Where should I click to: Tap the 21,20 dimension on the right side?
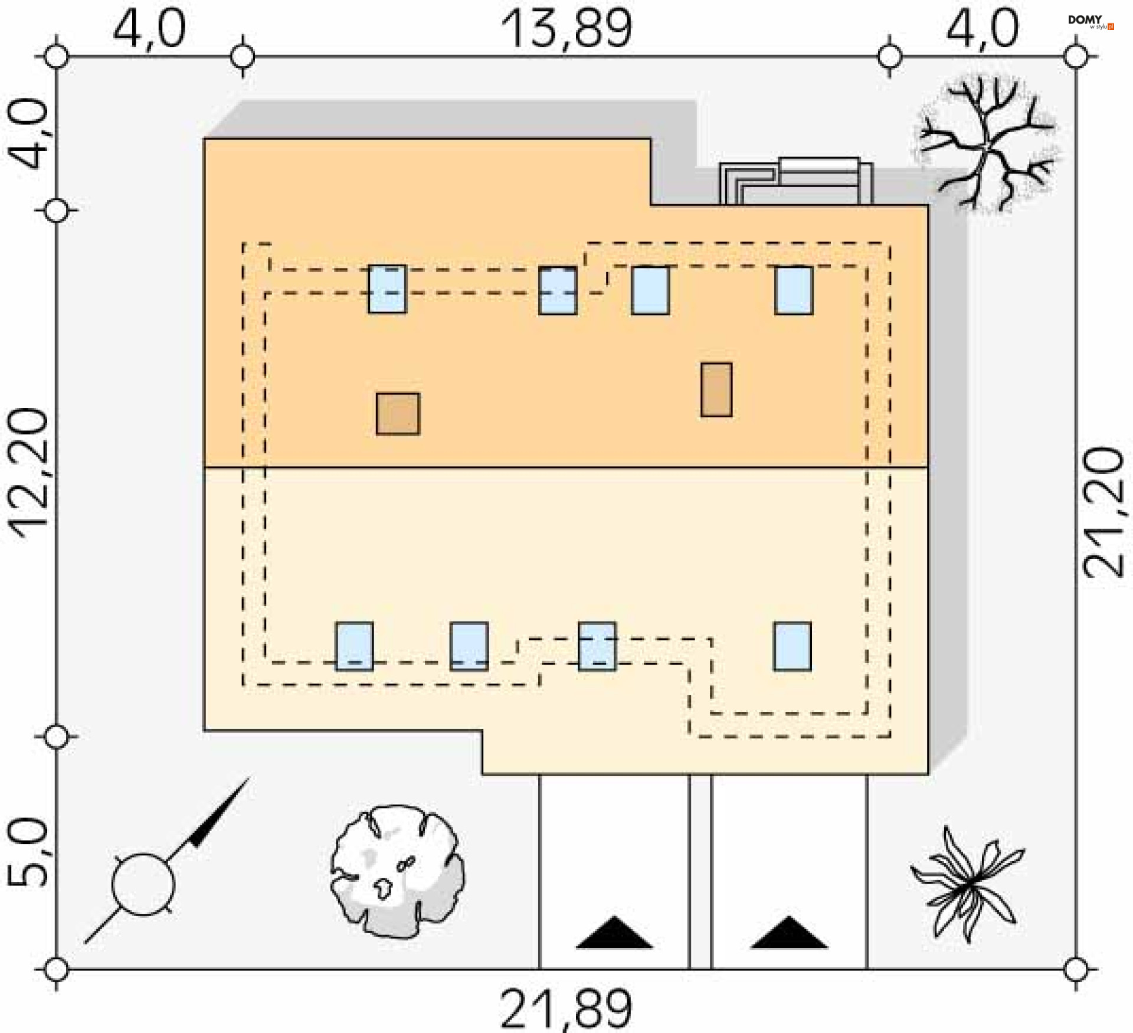click(x=1102, y=512)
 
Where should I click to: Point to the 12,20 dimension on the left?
click(x=28, y=472)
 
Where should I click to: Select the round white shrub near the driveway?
click(x=397, y=871)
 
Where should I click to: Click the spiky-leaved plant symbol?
click(x=968, y=883)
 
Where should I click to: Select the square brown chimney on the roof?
click(x=398, y=414)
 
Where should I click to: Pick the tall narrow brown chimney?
click(x=716, y=390)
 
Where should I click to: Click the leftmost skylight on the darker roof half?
click(x=387, y=289)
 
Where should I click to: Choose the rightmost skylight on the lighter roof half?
click(x=792, y=646)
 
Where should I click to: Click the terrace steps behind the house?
click(x=795, y=182)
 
